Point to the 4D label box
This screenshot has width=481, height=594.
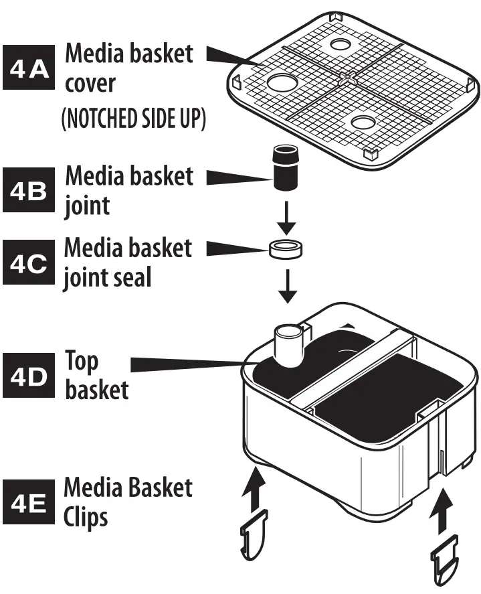tap(31, 376)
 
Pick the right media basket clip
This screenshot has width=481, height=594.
tap(444, 556)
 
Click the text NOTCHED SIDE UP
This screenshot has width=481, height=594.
tap(133, 119)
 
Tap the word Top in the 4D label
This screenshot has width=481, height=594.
tap(82, 362)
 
